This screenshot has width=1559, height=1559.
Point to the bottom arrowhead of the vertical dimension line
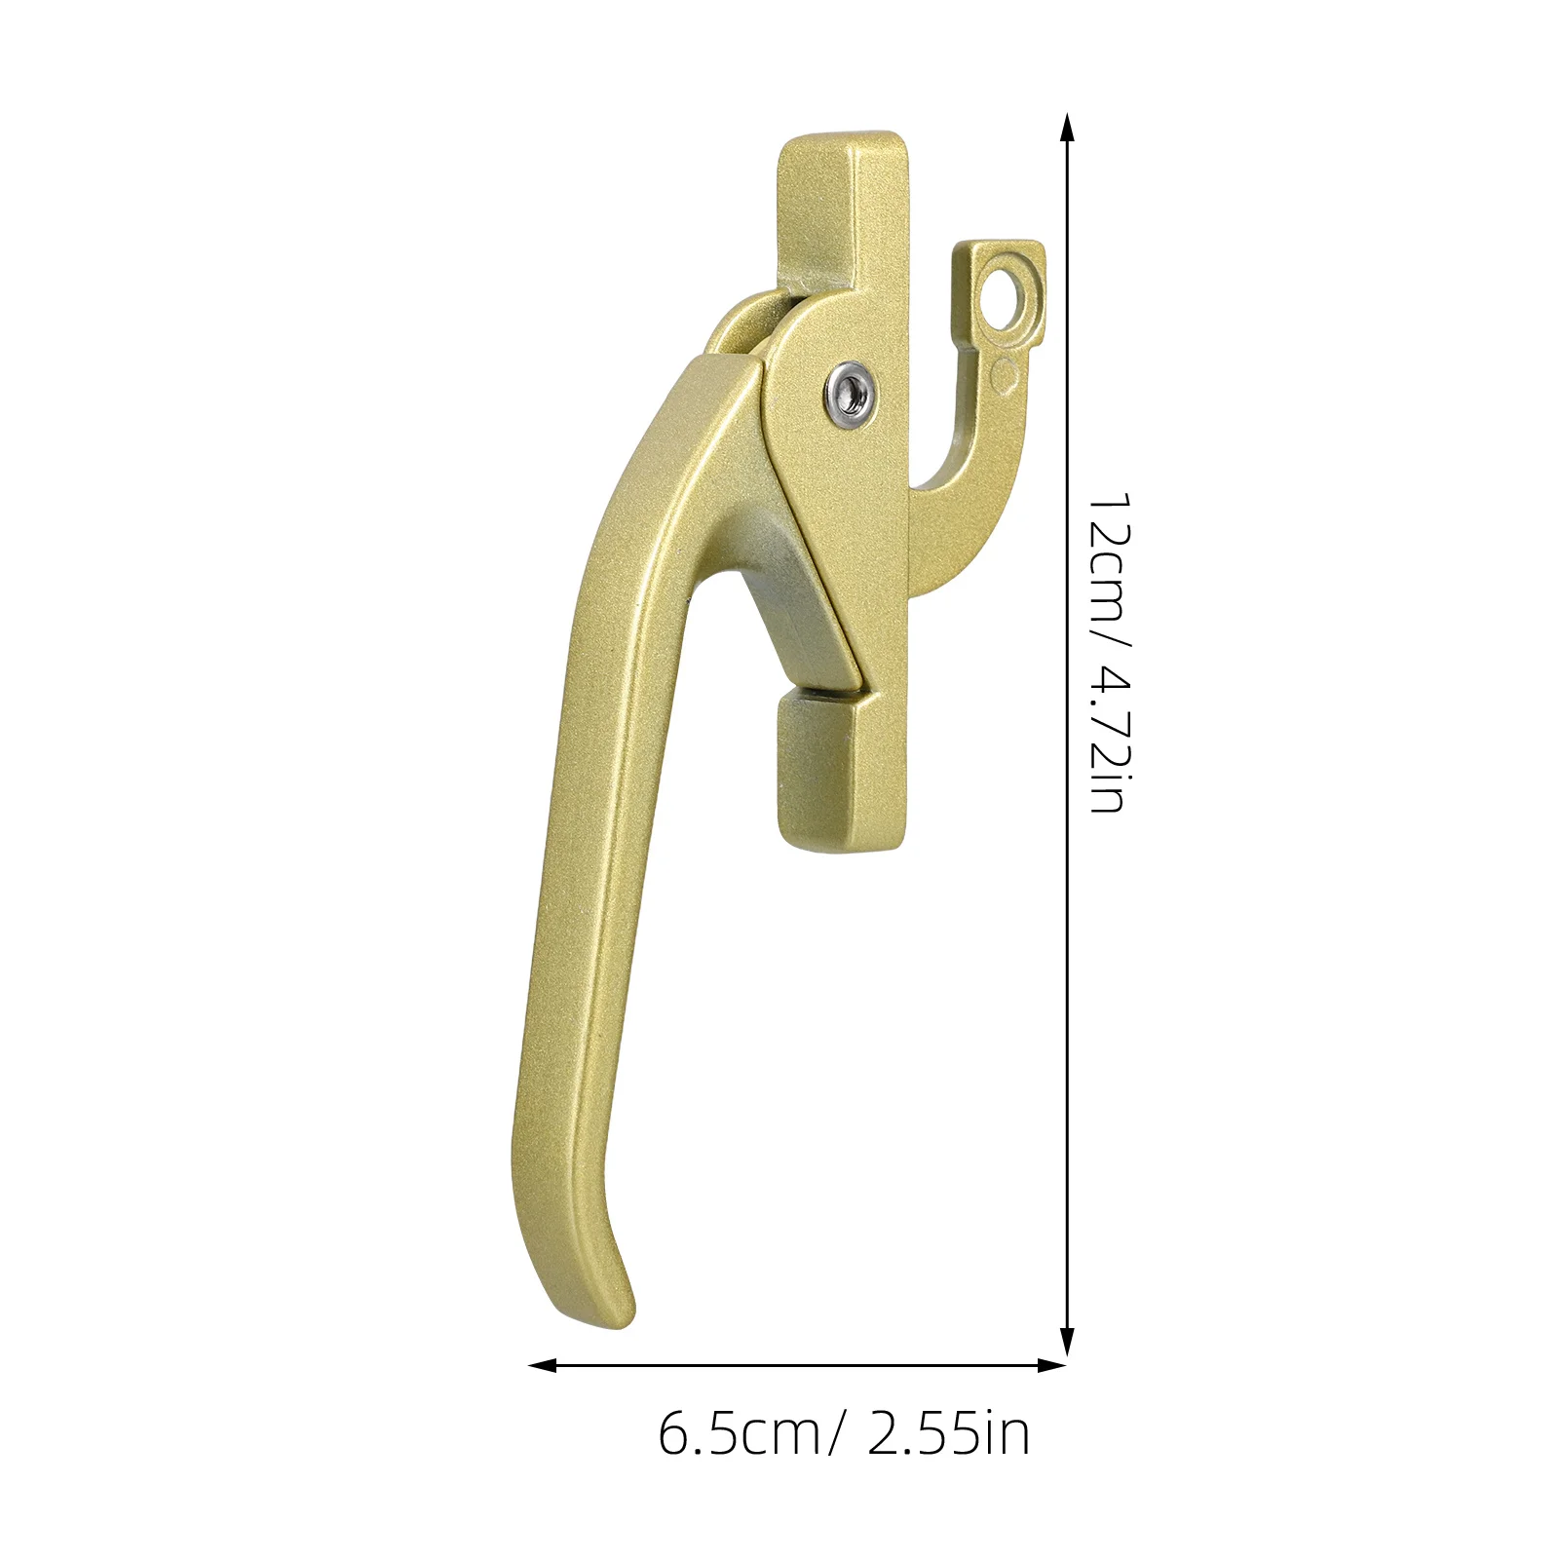(x=1067, y=1340)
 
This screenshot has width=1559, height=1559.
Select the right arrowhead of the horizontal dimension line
(x=1052, y=1365)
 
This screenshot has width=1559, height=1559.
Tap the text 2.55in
(x=948, y=1434)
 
